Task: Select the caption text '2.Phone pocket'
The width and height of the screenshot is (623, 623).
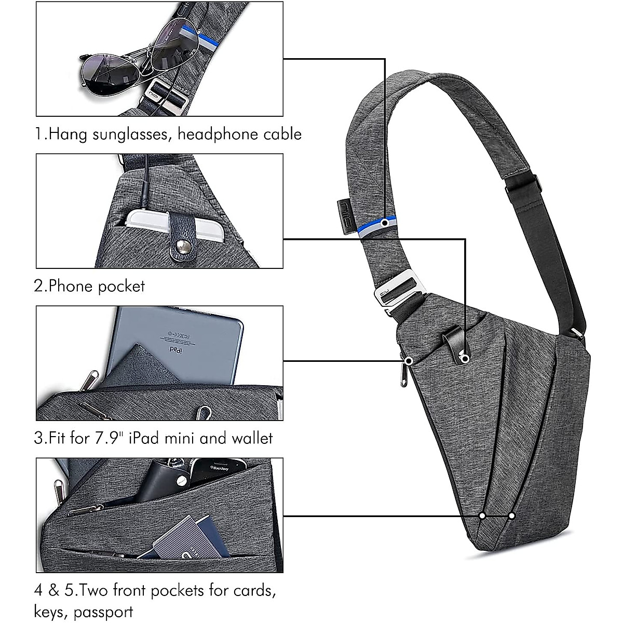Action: (x=89, y=286)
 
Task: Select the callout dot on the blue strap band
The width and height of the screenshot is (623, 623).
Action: (x=385, y=222)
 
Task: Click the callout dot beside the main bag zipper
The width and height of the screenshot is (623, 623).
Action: (x=409, y=360)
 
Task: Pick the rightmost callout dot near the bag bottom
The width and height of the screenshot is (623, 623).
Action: (x=512, y=516)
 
